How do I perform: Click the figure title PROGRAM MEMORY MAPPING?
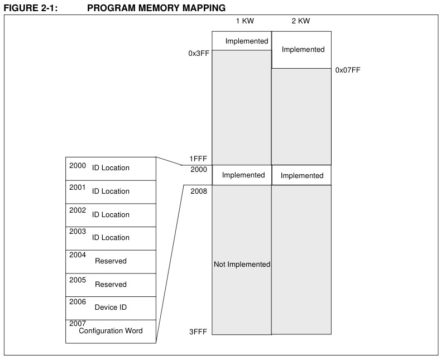pyautogui.click(x=156, y=8)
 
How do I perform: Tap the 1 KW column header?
pyautogui.click(x=245, y=21)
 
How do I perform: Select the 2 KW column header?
pyautogui.click(x=301, y=21)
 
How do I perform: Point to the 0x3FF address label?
pyautogui.click(x=199, y=54)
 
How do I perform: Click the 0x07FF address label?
pyautogui.click(x=348, y=70)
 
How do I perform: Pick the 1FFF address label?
pyautogui.click(x=198, y=159)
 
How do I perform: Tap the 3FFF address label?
pyautogui.click(x=198, y=332)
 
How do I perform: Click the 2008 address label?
pyautogui.click(x=199, y=191)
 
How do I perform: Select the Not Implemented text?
pyautogui.click(x=242, y=265)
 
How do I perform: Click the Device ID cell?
pyautogui.click(x=111, y=308)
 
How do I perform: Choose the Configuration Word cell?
pyautogui.click(x=111, y=331)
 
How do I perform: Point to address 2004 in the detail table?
pyautogui.click(x=78, y=255)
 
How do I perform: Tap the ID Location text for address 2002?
pyautogui.click(x=111, y=214)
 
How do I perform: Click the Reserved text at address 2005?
pyautogui.click(x=111, y=284)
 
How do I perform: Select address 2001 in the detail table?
pyautogui.click(x=78, y=188)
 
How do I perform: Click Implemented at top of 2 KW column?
pyautogui.click(x=303, y=50)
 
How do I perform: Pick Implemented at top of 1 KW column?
pyautogui.click(x=247, y=41)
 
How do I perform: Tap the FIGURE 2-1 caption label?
pyautogui.click(x=30, y=8)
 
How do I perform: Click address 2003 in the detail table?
pyautogui.click(x=78, y=232)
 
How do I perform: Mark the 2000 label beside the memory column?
pyautogui.click(x=199, y=170)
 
